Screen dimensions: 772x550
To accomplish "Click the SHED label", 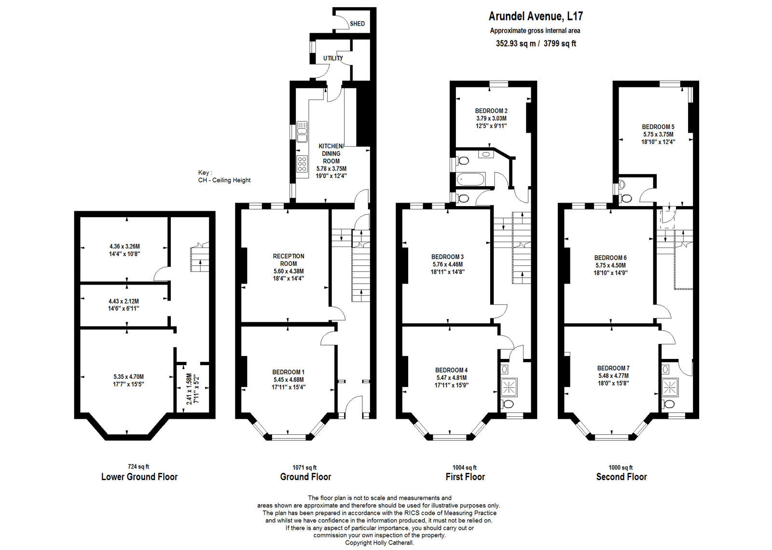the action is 357,24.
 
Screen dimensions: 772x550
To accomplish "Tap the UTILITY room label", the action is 333,58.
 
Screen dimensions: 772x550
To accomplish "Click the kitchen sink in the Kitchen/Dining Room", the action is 302,132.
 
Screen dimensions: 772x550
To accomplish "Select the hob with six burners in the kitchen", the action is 302,164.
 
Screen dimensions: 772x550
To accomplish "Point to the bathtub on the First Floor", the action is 471,179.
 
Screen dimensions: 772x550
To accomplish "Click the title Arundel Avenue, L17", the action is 536,16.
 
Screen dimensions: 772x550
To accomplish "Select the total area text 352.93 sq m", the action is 516,44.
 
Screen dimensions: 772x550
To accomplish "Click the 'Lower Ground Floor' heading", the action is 139,477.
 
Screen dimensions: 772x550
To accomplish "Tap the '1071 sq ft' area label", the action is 304,467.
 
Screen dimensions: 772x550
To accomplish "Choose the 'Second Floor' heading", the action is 621,477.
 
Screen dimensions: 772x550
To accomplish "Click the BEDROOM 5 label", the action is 658,127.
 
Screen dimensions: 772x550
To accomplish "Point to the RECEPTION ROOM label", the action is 289,260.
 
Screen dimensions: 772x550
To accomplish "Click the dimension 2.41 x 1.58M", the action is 189,388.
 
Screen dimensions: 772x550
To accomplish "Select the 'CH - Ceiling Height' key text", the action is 224,180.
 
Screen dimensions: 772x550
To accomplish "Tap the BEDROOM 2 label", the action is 491,111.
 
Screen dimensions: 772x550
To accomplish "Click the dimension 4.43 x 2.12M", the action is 124,302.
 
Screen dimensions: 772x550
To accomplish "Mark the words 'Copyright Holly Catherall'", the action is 379,543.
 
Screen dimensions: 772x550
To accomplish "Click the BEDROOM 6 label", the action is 610,258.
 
